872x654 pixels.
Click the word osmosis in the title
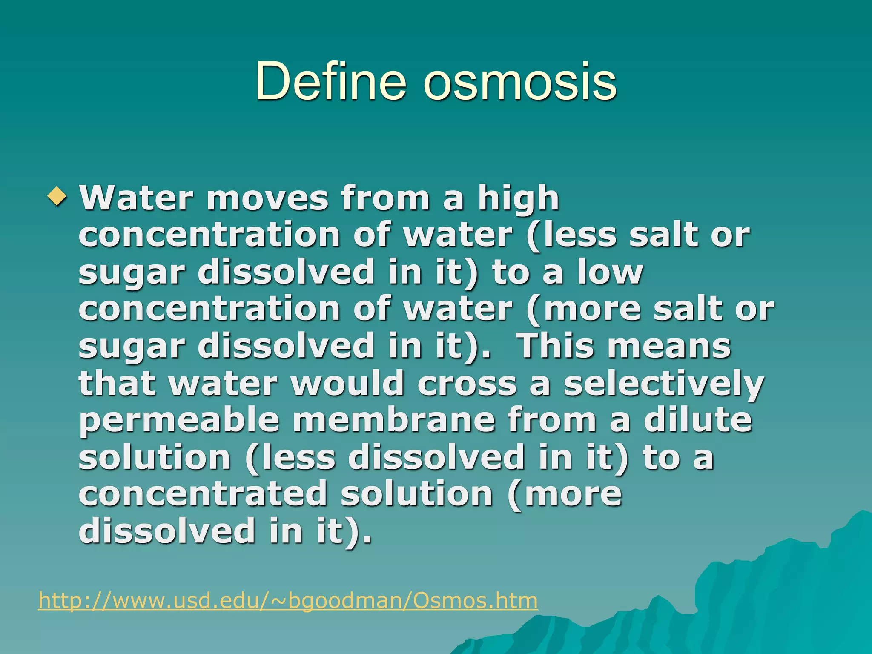pyautogui.click(x=519, y=81)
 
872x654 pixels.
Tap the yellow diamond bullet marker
pyautogui.click(x=57, y=196)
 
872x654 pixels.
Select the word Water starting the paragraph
pyautogui.click(x=136, y=198)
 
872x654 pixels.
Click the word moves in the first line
pyautogui.click(x=267, y=198)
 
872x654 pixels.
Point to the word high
pyautogui.click(x=518, y=198)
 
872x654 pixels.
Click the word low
pyautogui.click(x=610, y=272)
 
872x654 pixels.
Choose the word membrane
pyautogui.click(x=394, y=420)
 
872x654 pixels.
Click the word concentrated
pyautogui.click(x=202, y=494)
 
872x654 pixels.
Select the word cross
pyautogui.click(x=467, y=383)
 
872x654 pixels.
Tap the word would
pyautogui.click(x=347, y=383)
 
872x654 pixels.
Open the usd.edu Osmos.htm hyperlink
pyautogui.click(x=288, y=600)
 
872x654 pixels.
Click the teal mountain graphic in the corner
pyautogui.click(x=766, y=605)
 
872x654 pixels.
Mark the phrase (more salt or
pyautogui.click(x=650, y=309)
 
